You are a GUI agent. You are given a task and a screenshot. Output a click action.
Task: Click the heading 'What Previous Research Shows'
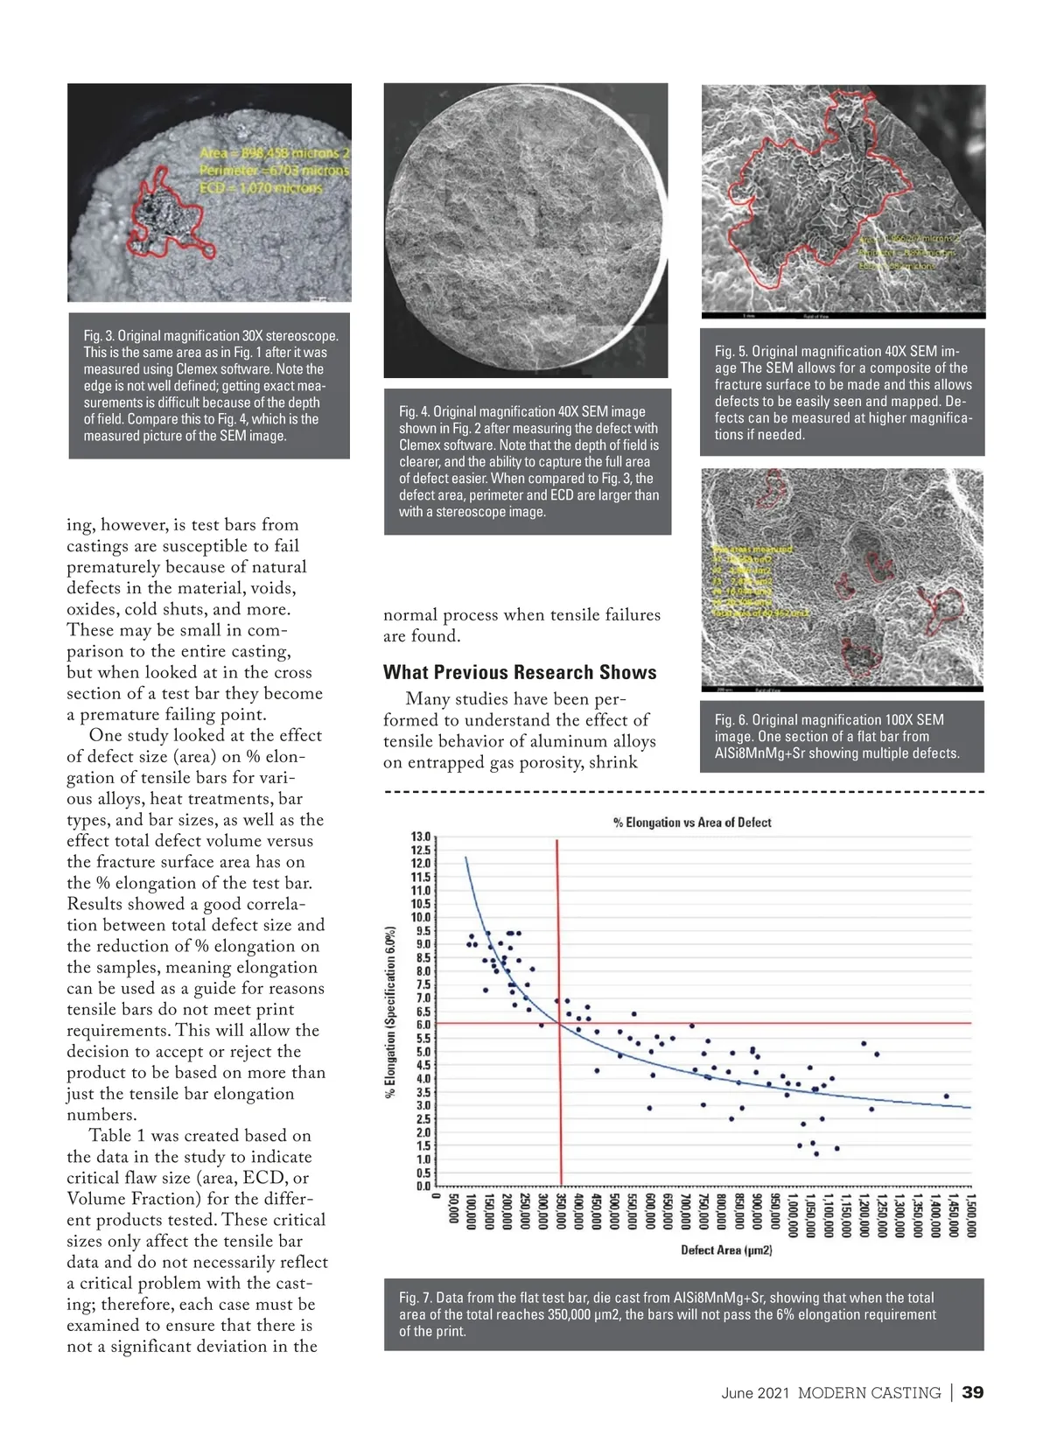pos(520,672)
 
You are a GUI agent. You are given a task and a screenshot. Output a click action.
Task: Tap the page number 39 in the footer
pos(972,1392)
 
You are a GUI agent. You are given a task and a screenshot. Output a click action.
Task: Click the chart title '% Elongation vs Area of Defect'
pos(691,823)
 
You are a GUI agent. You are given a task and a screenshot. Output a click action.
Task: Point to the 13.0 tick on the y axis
pos(421,837)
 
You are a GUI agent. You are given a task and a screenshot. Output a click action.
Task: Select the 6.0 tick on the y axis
pos(423,1025)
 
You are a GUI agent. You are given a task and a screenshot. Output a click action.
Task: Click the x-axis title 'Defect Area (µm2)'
pos(726,1250)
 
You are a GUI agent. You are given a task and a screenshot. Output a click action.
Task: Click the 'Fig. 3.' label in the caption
pos(99,336)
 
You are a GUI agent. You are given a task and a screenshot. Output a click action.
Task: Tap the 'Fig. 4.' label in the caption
pos(414,411)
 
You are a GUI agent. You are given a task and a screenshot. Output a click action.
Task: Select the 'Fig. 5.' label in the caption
pos(731,351)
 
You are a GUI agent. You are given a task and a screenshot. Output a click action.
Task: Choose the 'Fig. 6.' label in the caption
pos(731,720)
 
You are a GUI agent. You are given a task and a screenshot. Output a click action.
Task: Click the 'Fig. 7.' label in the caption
pos(415,1298)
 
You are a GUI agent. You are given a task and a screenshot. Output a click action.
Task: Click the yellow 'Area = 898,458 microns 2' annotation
pos(275,153)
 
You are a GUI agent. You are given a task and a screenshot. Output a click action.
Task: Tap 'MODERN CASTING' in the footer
pos(869,1393)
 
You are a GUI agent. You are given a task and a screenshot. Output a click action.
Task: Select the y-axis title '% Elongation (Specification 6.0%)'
pos(390,1013)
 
